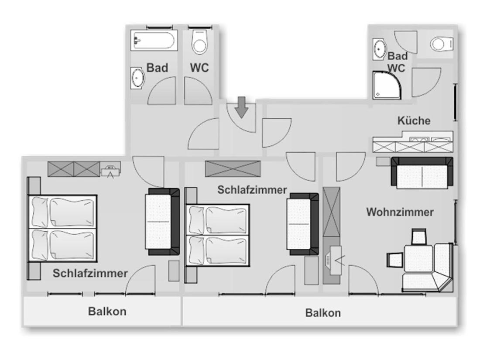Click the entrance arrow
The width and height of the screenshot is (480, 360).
tap(242, 107)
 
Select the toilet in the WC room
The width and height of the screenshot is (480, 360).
tap(200, 41)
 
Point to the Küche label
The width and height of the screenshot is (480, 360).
tap(414, 120)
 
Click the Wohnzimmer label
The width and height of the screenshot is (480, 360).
tap(400, 212)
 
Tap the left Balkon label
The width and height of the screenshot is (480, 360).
tap(107, 311)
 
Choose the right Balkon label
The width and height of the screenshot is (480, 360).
tap(323, 313)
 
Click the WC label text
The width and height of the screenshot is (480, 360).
tap(199, 68)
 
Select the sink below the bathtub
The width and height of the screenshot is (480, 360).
tap(137, 78)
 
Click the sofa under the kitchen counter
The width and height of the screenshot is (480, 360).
tap(422, 173)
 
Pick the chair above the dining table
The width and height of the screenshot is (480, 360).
tap(419, 237)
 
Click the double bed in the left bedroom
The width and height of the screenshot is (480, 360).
tap(62, 228)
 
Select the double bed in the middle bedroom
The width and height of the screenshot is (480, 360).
tap(218, 235)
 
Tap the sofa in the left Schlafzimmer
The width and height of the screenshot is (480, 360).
tap(162, 222)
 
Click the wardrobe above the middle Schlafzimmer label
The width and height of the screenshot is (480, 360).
tap(233, 169)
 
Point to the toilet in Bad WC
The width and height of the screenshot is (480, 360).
tap(442, 44)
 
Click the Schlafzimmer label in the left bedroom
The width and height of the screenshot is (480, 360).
tap(90, 273)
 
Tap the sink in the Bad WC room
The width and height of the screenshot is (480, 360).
tap(380, 49)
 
